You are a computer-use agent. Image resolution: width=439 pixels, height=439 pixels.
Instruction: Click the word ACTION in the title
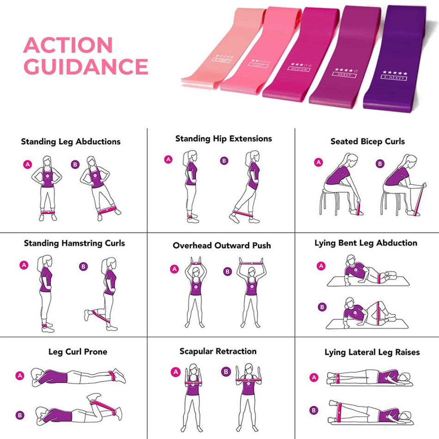tap(68, 45)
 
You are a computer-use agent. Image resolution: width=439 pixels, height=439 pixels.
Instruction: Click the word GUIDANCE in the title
tap(85, 67)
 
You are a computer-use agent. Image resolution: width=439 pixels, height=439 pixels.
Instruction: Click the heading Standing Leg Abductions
tap(71, 142)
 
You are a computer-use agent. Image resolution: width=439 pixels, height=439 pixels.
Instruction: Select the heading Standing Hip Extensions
tap(224, 139)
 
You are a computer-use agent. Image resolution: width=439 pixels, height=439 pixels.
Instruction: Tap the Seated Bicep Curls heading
tap(367, 142)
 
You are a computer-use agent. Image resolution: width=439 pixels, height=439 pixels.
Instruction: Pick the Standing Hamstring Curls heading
tap(74, 243)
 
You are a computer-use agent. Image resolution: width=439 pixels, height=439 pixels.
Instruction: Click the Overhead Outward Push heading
tap(222, 245)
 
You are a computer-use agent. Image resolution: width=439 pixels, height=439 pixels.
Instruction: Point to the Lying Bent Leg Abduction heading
tap(366, 243)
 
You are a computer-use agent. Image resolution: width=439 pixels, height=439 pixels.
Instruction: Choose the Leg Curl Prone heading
tap(78, 352)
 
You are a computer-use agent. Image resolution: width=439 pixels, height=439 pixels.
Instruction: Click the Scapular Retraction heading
tap(218, 352)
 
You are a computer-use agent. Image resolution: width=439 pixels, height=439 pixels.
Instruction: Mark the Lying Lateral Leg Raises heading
tap(372, 352)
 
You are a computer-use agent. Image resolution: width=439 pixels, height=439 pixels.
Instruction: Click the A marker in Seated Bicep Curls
tap(318, 162)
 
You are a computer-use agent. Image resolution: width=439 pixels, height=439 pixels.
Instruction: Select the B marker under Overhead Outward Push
tap(227, 271)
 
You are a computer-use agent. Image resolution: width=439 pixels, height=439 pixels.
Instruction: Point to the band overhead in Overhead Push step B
tap(252, 263)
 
